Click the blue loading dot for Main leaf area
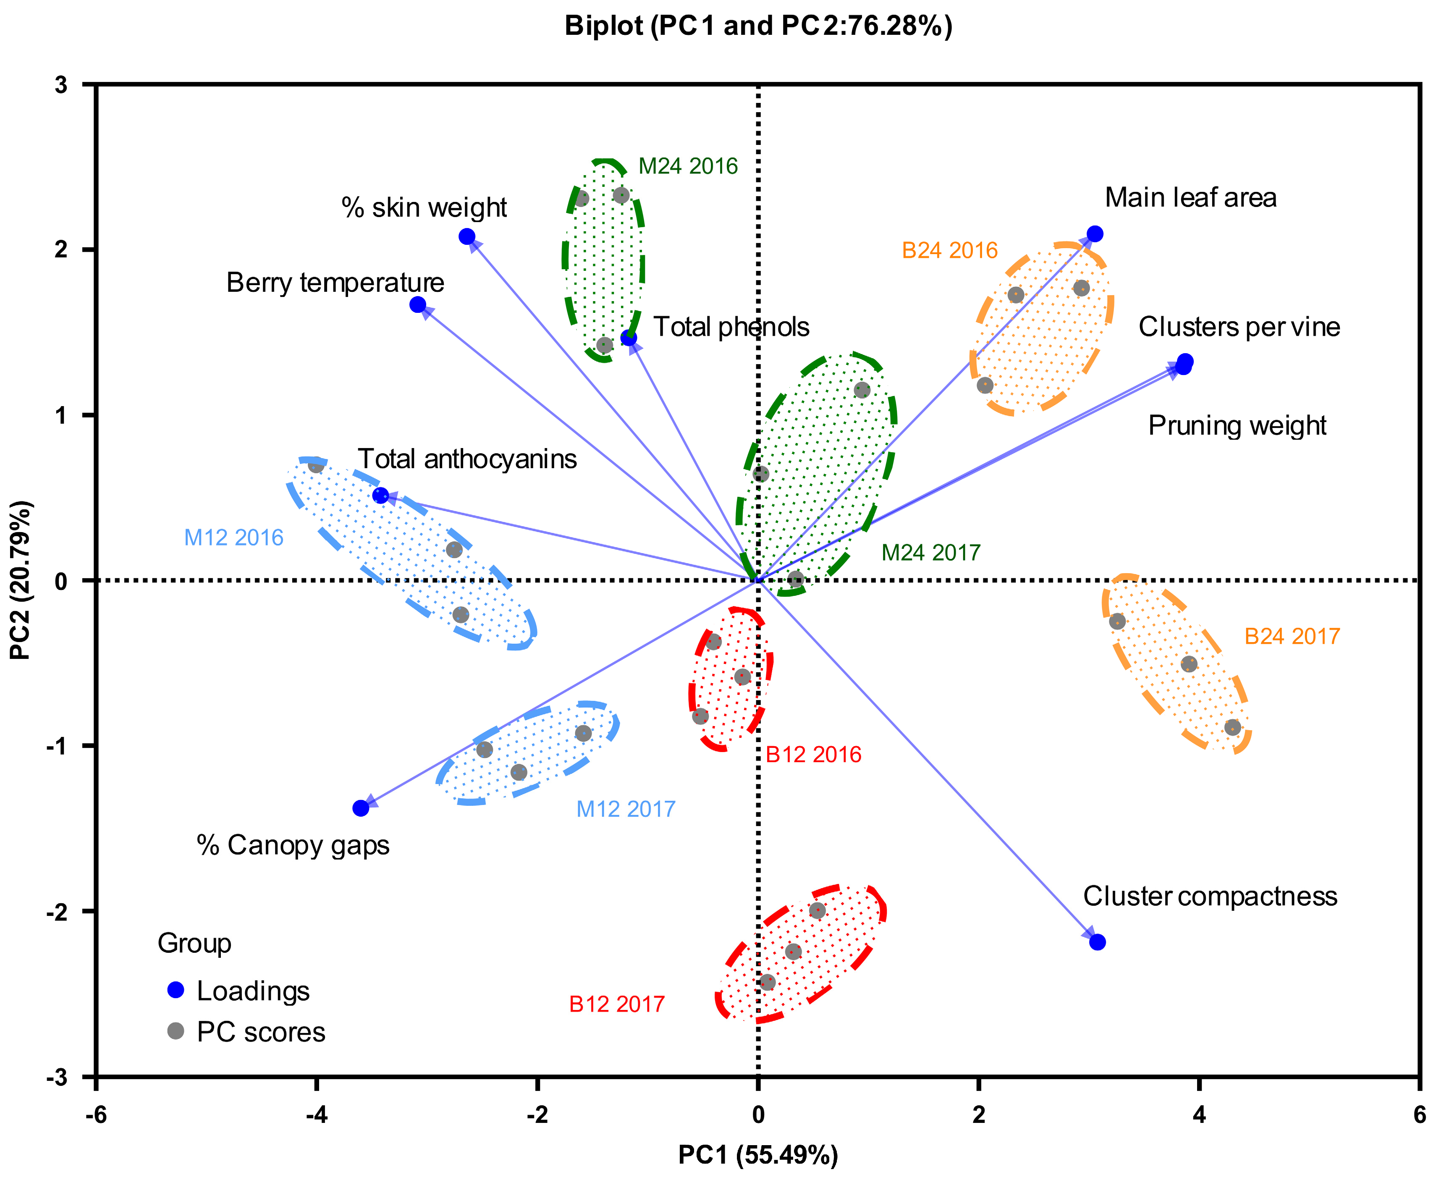pos(1095,234)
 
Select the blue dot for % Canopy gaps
pos(361,808)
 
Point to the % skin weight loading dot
pos(467,236)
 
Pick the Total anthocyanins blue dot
pos(380,496)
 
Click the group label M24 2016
pos(688,167)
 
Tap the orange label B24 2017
pos(1291,637)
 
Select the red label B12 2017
pos(616,1004)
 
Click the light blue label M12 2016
pos(234,538)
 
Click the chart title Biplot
pos(758,26)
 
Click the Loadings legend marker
pos(176,990)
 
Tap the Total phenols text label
pos(731,327)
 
